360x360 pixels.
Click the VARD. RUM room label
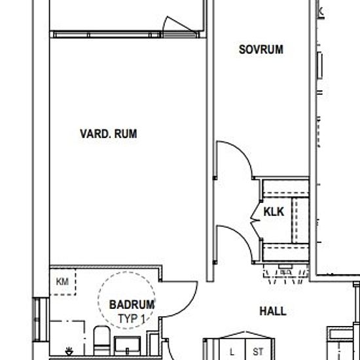pos(109,134)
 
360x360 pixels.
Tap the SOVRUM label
pos(261,49)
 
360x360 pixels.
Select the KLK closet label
pos(274,211)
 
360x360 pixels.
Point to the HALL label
pos(273,312)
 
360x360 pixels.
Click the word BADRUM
pos(132,304)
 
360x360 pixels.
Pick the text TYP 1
pos(132,319)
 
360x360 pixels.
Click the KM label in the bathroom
pos(62,281)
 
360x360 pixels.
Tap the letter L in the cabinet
pos(232,351)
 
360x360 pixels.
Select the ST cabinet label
pos(258,351)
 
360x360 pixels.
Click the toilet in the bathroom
pos(101,341)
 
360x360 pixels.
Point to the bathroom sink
pos(128,346)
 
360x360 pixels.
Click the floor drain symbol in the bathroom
pos(69,351)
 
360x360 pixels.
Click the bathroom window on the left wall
pos(41,319)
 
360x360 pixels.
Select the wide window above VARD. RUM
pos(105,35)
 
